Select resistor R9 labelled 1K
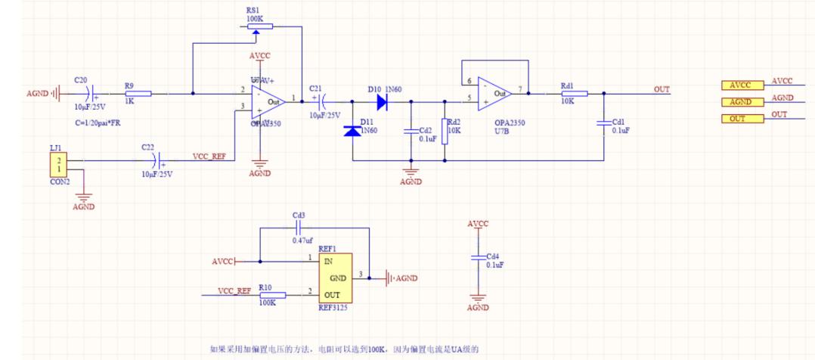pyautogui.click(x=138, y=94)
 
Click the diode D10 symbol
pyautogui.click(x=382, y=101)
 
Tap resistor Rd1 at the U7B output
pyautogui.click(x=574, y=94)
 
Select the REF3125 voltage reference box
pyautogui.click(x=336, y=277)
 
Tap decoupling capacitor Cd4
pyautogui.click(x=477, y=258)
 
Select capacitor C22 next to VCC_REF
pyautogui.click(x=156, y=160)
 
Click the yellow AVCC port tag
pyautogui.click(x=742, y=85)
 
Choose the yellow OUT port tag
pyautogui.click(x=742, y=119)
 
